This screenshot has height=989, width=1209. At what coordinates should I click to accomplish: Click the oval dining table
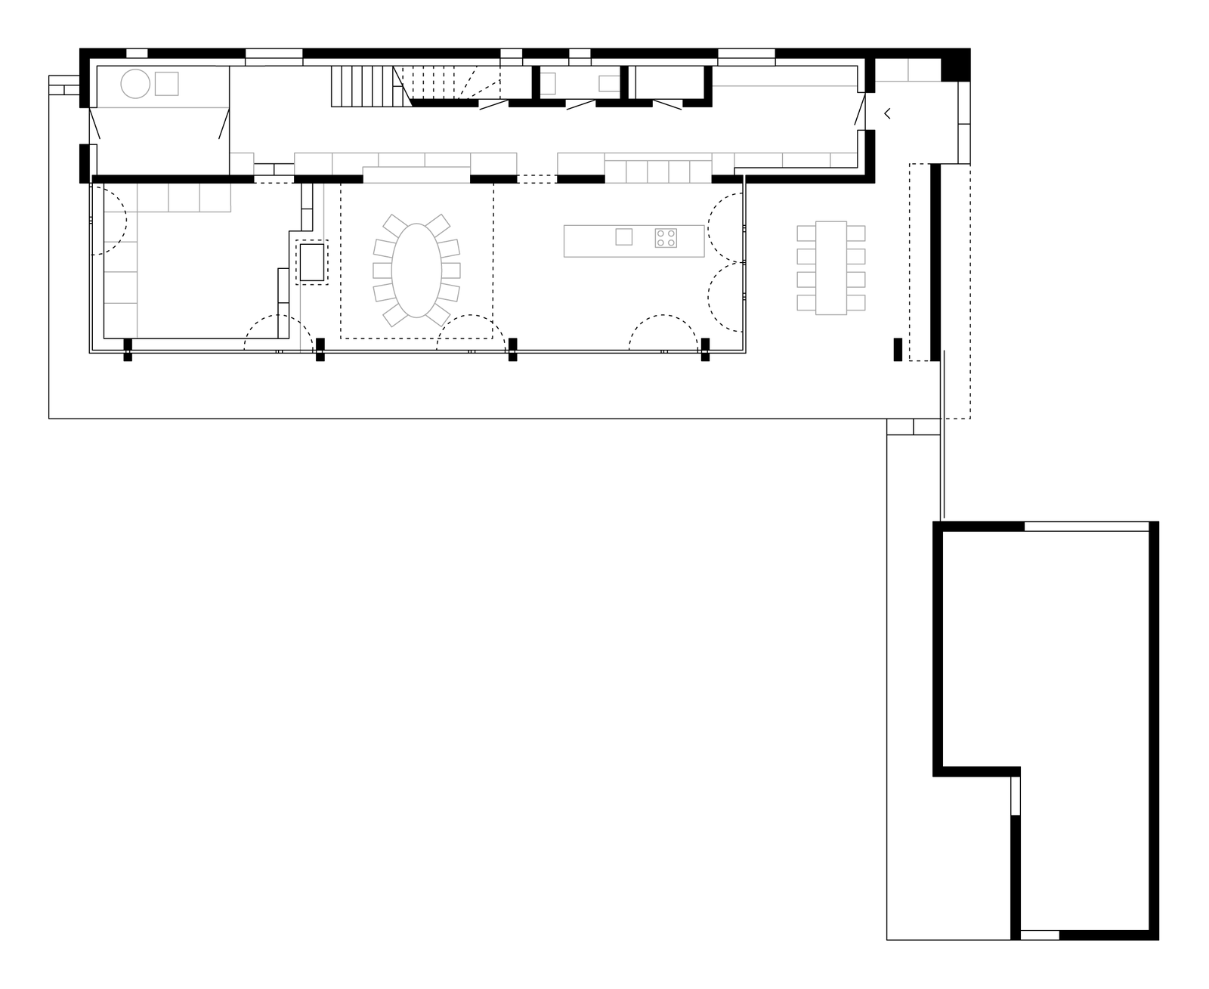click(x=416, y=270)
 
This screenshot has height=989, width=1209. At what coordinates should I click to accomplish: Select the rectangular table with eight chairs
click(x=831, y=267)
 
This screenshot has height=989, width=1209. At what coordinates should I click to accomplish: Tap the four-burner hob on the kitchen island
click(x=666, y=238)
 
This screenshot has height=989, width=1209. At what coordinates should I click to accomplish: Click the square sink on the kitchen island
click(x=623, y=236)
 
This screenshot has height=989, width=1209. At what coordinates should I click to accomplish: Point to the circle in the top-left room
click(x=136, y=84)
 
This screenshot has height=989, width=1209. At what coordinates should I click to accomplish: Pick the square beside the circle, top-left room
click(x=166, y=84)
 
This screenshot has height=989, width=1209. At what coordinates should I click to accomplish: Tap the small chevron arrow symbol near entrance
click(x=887, y=114)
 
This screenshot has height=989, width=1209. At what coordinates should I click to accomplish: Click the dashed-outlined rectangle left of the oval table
click(x=312, y=262)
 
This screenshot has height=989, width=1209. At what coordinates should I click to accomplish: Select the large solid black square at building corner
click(x=954, y=65)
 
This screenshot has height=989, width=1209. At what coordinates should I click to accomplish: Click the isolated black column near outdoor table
click(x=898, y=350)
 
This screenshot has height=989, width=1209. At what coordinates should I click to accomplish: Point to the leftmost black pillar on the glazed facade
click(x=128, y=349)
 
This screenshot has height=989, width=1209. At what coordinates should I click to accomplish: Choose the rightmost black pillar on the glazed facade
click(x=705, y=349)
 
